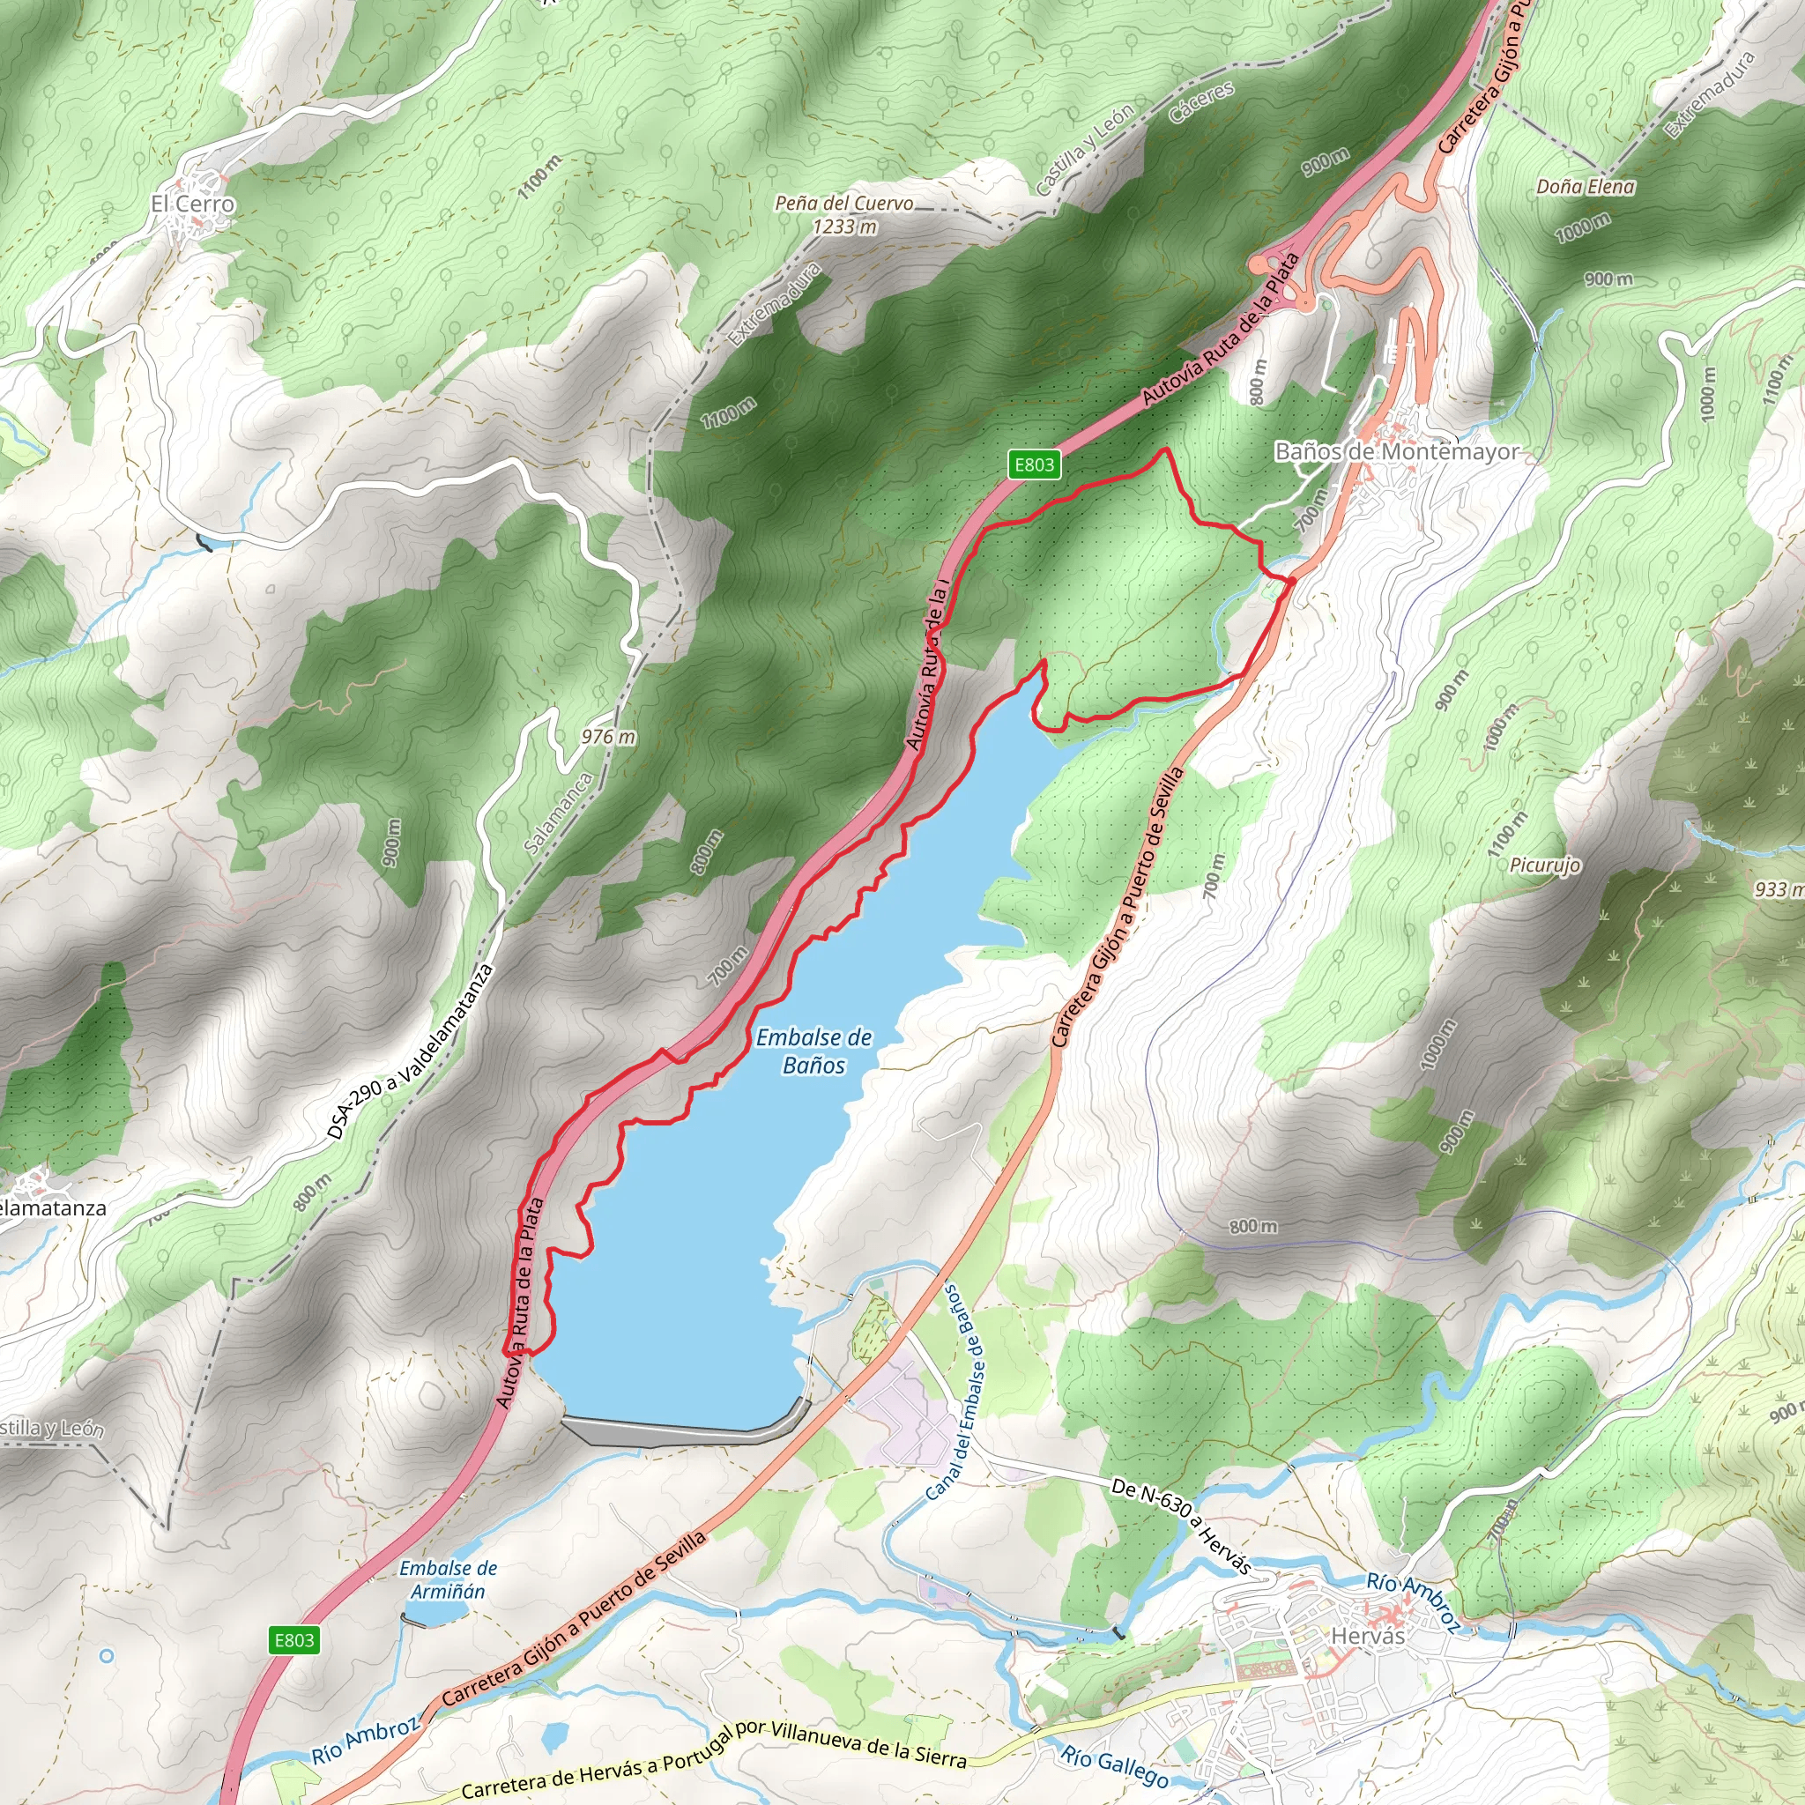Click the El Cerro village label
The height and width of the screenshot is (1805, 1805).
[x=192, y=204]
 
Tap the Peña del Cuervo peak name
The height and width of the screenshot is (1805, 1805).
[x=843, y=203]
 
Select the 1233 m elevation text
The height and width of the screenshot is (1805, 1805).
[x=843, y=227]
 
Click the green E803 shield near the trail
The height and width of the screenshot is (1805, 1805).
[x=1034, y=464]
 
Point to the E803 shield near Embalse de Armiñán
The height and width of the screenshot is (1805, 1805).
[x=294, y=1639]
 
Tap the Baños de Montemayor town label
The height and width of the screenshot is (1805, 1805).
[x=1397, y=451]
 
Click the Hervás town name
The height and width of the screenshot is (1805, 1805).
[x=1368, y=1636]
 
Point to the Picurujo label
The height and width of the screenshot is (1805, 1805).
[x=1545, y=865]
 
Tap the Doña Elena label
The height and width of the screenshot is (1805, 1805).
[x=1586, y=187]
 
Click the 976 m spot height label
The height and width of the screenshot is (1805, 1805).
[x=608, y=736]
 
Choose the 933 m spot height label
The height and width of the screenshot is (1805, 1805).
[x=1777, y=888]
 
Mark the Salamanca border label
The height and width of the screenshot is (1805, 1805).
[x=559, y=813]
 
